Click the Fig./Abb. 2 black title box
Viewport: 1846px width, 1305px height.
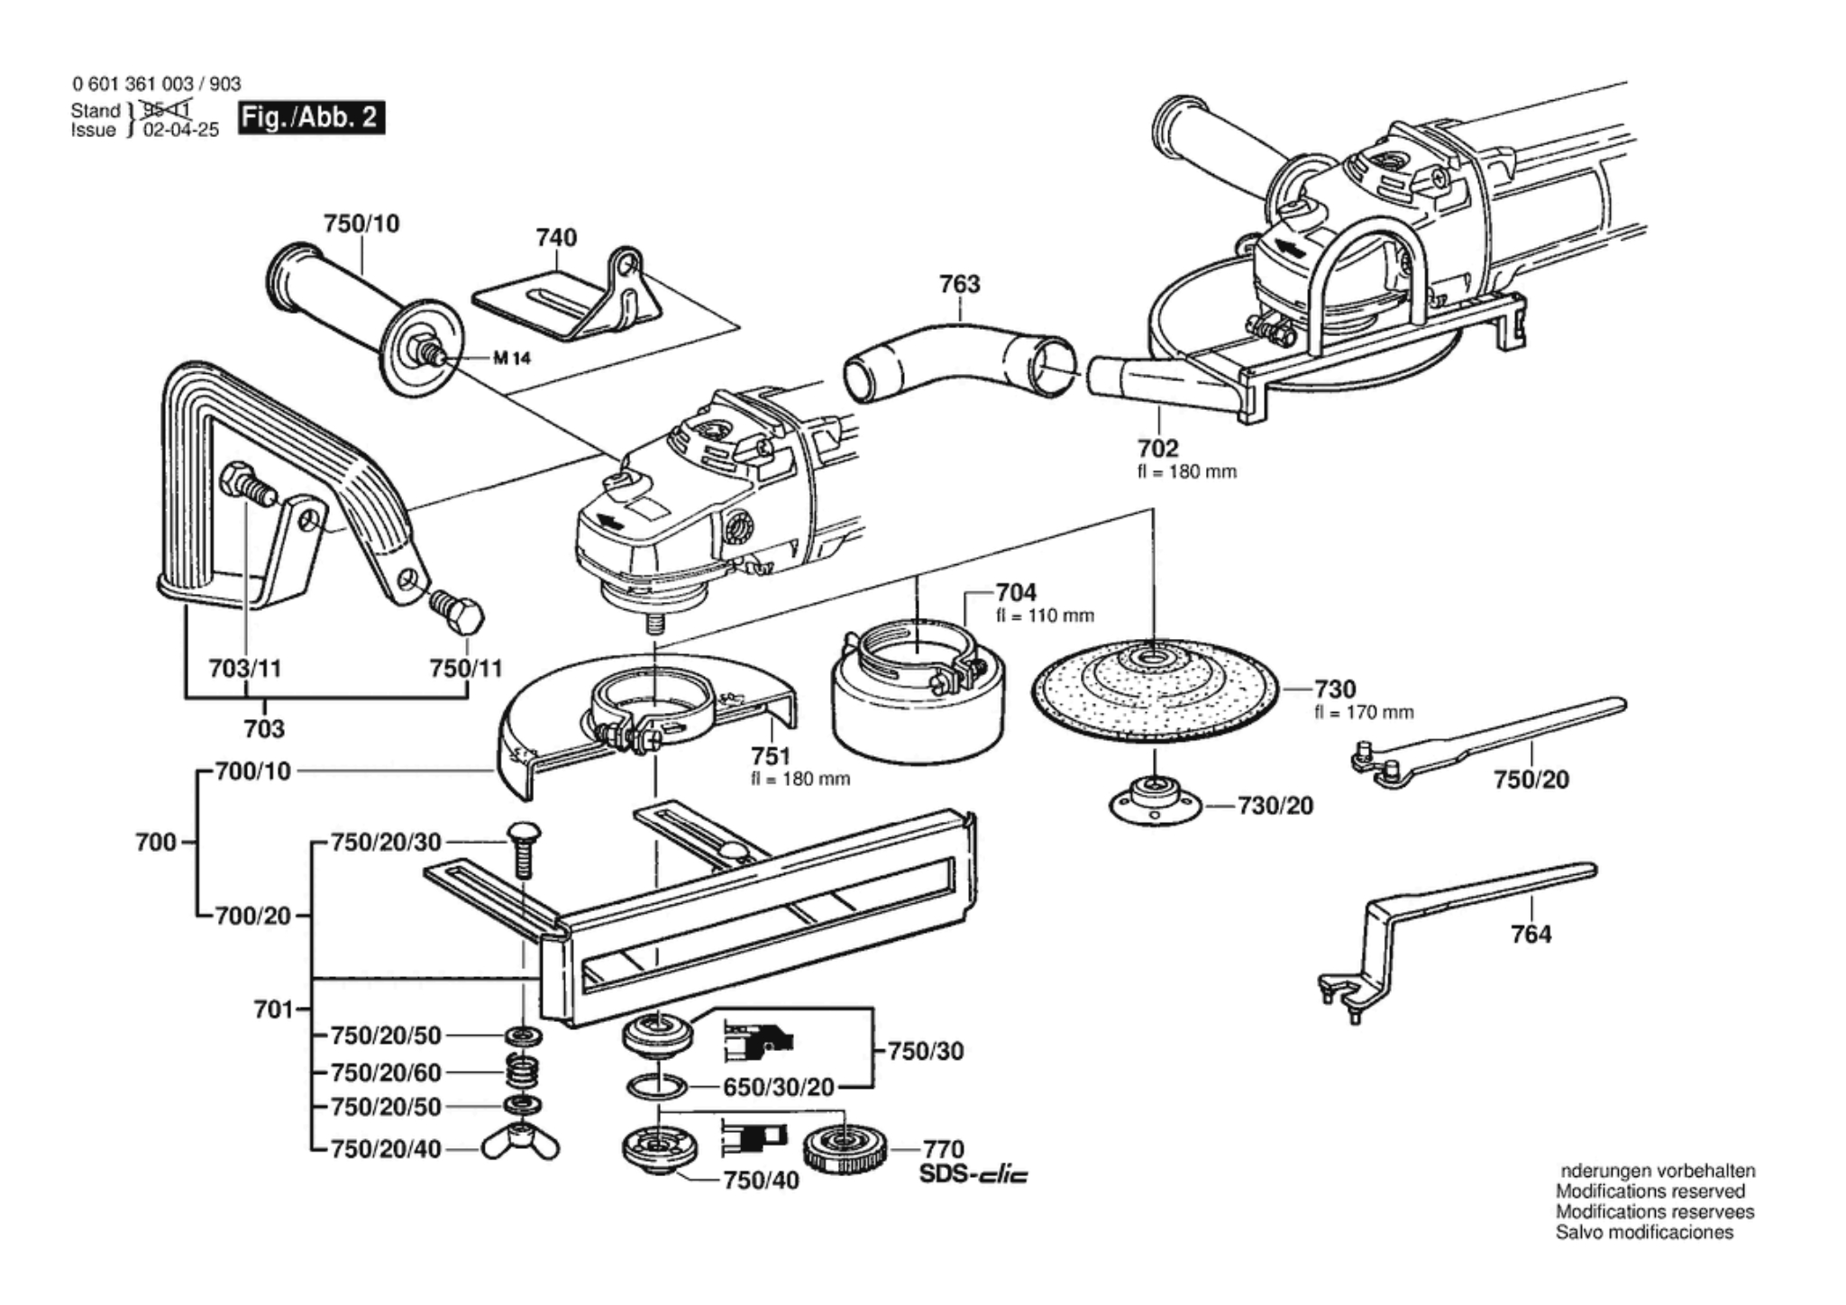(x=311, y=118)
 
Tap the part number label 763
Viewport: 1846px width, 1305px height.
(x=959, y=284)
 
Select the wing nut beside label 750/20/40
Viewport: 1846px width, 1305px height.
(x=520, y=1144)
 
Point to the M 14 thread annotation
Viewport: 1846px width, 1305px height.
(x=512, y=359)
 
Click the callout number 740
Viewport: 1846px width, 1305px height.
(x=556, y=238)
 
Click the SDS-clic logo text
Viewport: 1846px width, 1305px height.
(x=973, y=1175)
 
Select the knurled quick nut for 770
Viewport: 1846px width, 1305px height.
(x=845, y=1149)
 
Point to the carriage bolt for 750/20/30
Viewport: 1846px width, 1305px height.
(x=523, y=847)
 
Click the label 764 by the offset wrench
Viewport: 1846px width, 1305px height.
(x=1531, y=935)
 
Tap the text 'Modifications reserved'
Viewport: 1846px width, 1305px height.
(x=1650, y=1191)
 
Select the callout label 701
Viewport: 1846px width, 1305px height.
(x=274, y=1009)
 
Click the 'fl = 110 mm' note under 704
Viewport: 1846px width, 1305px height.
(x=1045, y=616)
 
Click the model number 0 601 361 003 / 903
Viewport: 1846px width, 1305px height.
(x=157, y=84)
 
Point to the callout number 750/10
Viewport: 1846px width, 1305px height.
(x=361, y=224)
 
